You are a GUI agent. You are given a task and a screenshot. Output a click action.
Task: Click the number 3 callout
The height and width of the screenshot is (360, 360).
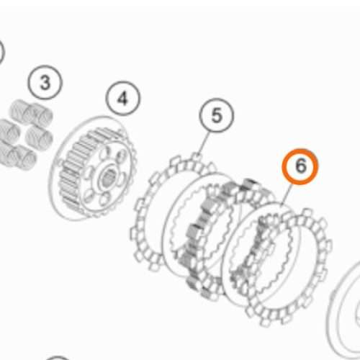(x=45, y=82)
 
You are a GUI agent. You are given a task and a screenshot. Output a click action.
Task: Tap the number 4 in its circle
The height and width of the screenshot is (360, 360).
(x=123, y=99)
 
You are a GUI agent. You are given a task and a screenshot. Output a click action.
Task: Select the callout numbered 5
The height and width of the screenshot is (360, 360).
(x=216, y=115)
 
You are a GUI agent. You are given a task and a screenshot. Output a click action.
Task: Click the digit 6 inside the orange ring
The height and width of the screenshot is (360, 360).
(x=301, y=166)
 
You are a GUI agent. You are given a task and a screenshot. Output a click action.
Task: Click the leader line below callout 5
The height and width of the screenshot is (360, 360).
(x=203, y=143)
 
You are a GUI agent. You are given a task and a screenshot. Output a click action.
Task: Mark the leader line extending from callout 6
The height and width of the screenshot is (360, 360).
(x=287, y=194)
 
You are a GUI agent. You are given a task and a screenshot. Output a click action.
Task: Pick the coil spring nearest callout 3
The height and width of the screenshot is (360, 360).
(x=40, y=114)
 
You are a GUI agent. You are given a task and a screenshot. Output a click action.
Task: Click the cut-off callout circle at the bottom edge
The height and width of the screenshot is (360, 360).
(x=57, y=358)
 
